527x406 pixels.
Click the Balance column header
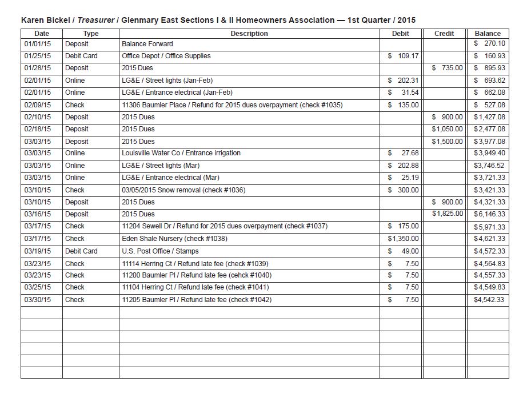[x=488, y=34]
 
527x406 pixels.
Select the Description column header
[x=249, y=34]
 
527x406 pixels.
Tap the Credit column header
[x=444, y=34]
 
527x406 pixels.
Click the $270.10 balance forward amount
[x=490, y=44]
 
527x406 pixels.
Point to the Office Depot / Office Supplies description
[x=166, y=56]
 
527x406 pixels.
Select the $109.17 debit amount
[x=403, y=56]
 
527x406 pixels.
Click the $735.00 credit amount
[x=448, y=68]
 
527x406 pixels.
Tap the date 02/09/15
[x=38, y=105]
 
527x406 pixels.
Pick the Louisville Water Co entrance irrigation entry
[x=181, y=153]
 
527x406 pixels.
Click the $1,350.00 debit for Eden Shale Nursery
[x=403, y=239]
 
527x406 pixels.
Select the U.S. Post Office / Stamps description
[x=161, y=251]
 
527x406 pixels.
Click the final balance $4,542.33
[x=489, y=300]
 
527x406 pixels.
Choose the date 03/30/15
[x=38, y=300]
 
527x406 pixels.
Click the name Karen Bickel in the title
[x=45, y=20]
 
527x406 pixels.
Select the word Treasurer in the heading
[x=95, y=20]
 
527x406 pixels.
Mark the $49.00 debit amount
[x=403, y=251]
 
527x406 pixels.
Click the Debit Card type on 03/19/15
[x=81, y=251]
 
